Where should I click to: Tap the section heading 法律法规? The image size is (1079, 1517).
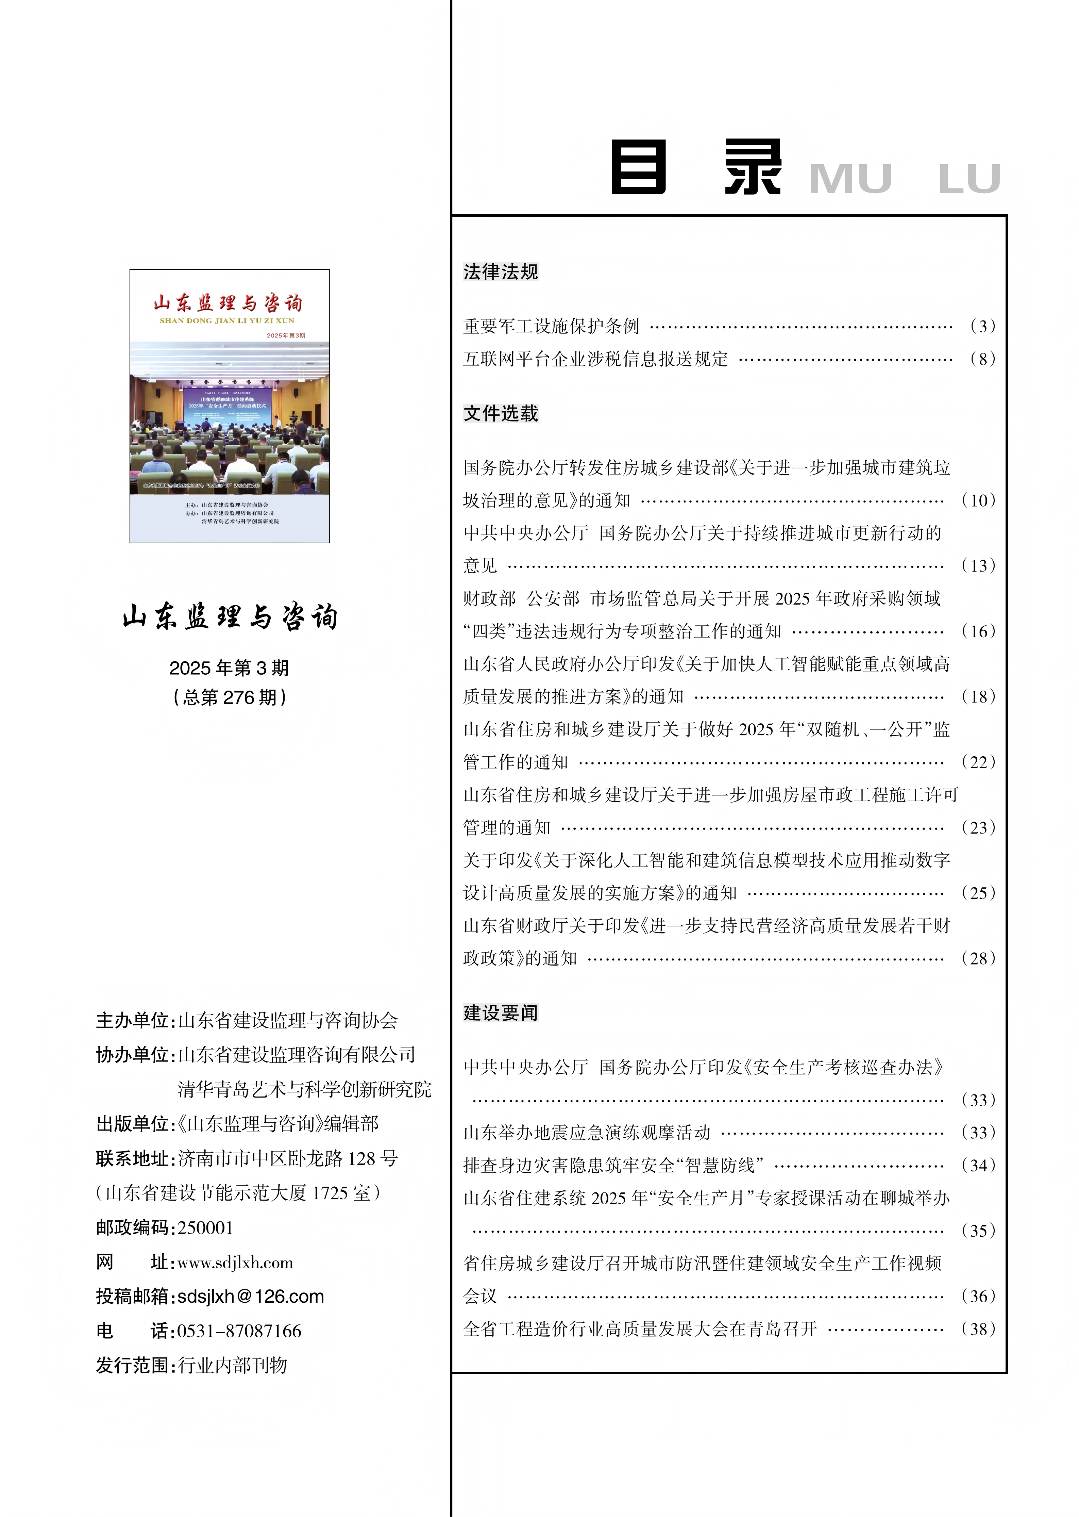tap(500, 272)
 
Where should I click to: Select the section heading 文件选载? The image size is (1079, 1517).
tap(500, 413)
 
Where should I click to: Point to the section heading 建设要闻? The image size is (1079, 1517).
tap(500, 1013)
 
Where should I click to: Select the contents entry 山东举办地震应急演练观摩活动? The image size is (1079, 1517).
tap(587, 1132)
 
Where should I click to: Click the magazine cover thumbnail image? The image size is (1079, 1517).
tap(229, 406)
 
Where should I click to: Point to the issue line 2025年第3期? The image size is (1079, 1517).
tap(229, 667)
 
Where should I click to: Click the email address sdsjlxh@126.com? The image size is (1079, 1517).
tap(251, 1296)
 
